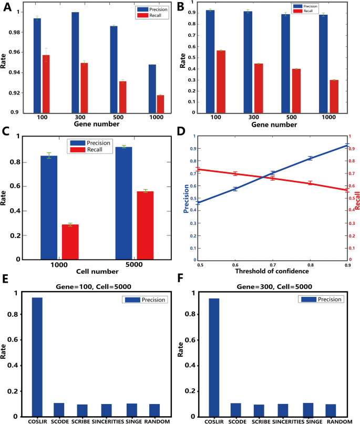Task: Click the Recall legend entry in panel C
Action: click(x=94, y=150)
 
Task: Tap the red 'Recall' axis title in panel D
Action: click(x=357, y=200)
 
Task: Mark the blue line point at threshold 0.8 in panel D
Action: click(x=310, y=158)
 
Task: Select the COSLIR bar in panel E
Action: click(x=37, y=357)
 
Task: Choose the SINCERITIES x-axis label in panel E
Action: click(x=110, y=421)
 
